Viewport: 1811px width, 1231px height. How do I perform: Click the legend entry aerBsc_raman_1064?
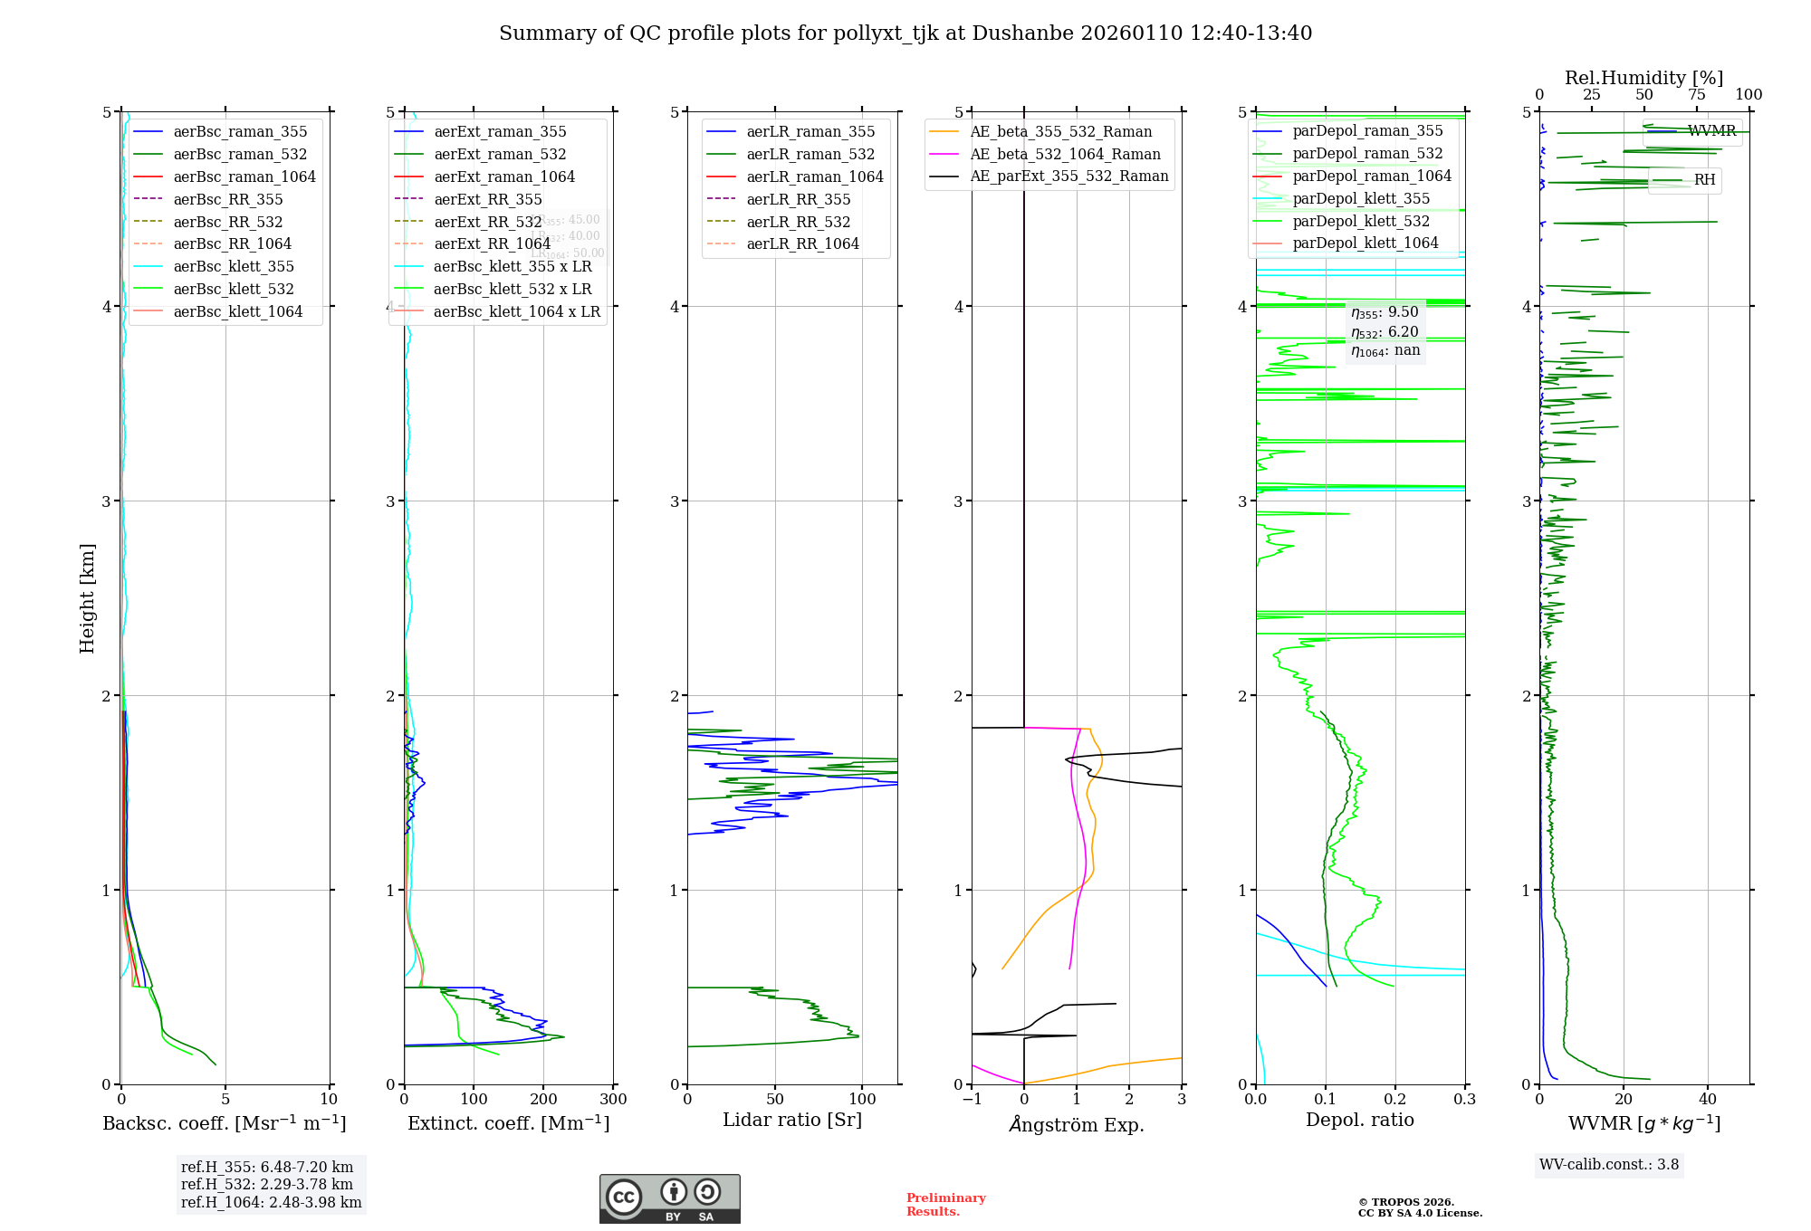coord(244,177)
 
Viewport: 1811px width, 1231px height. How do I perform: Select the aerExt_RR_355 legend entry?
coord(488,199)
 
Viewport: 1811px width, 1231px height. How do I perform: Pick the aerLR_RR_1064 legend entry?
coord(802,243)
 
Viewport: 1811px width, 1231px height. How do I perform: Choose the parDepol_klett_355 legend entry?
coord(1361,198)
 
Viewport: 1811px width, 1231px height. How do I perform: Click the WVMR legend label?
coord(1711,131)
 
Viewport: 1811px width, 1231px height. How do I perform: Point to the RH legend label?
coord(1704,180)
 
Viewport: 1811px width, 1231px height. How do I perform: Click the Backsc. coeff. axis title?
coord(225,1123)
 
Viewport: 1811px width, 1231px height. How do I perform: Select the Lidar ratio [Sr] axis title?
coord(792,1120)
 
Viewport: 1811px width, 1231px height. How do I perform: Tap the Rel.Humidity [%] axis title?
coord(1643,78)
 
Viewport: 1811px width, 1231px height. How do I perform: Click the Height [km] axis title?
coord(87,598)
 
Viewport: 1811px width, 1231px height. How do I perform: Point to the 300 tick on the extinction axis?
coord(613,1099)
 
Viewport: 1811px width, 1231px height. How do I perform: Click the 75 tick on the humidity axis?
coord(1696,95)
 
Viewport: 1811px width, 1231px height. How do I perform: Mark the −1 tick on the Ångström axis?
coord(973,1099)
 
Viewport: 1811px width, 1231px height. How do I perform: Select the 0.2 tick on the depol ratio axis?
coord(1395,1099)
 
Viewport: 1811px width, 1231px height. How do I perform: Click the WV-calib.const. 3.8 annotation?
coord(1609,1165)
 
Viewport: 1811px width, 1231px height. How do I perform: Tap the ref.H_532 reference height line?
coord(267,1185)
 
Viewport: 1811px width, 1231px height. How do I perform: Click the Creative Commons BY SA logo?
coord(669,1199)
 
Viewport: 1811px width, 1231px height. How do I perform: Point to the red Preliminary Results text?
coord(945,1205)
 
